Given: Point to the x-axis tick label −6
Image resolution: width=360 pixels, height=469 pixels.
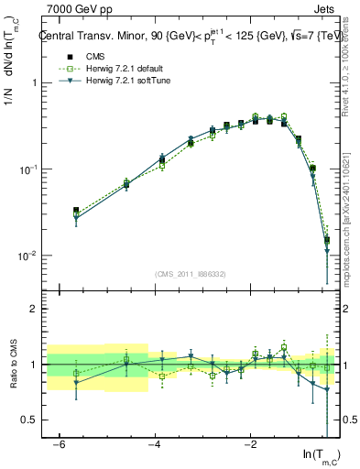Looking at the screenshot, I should [x=59, y=445].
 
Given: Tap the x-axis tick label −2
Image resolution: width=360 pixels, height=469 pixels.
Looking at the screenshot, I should [x=251, y=445].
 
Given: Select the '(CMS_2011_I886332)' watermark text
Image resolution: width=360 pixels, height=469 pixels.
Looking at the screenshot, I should [x=191, y=274].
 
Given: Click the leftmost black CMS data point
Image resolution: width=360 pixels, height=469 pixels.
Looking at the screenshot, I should [x=76, y=211].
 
